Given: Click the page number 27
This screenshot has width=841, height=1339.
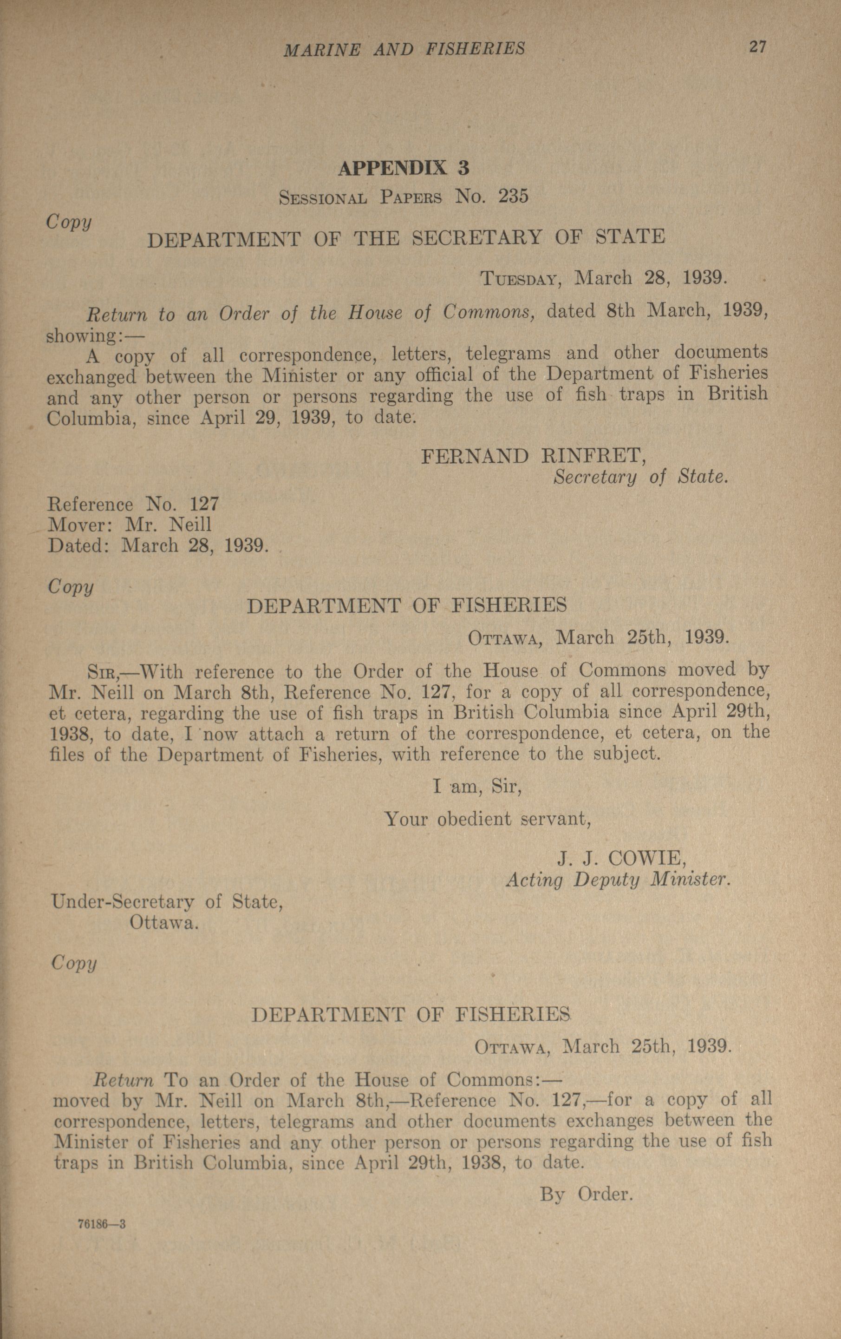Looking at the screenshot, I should coord(757,47).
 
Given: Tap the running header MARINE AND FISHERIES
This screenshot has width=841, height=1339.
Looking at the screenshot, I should coord(404,50).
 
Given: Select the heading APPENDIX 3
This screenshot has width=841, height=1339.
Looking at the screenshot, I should coord(404,168).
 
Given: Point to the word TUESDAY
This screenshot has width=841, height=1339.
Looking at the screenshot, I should coord(519,278).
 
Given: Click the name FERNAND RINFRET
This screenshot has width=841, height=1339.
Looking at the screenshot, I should coord(534,457).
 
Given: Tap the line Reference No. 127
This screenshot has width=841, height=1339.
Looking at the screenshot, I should coord(133,505).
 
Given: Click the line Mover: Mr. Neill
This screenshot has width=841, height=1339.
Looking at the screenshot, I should coord(130,525).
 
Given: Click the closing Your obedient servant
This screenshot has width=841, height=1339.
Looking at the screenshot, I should coord(488,819).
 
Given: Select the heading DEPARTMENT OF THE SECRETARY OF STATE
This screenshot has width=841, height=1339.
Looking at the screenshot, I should coord(406,238).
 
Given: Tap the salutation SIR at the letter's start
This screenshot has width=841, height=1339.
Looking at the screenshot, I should coord(101,672).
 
